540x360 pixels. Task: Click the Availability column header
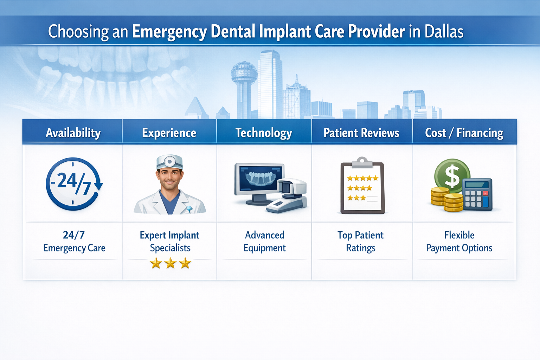(73, 133)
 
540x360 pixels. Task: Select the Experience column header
(169, 133)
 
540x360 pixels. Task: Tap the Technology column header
(264, 133)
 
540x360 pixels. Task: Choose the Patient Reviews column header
(361, 133)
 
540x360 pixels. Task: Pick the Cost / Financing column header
(464, 133)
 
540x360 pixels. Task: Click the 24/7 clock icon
(73, 184)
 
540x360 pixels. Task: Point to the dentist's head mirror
(169, 162)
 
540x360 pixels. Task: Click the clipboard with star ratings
(362, 188)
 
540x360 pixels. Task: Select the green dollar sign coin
(452, 175)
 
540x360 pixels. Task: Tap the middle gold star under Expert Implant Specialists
(171, 263)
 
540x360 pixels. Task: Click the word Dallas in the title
(444, 32)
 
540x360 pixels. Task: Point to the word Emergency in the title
(169, 32)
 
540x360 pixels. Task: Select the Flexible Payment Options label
(459, 242)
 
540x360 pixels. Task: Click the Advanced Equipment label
(265, 242)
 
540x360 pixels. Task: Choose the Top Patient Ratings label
(361, 242)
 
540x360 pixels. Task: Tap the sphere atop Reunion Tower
(244, 72)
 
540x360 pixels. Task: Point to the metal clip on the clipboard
(362, 162)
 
